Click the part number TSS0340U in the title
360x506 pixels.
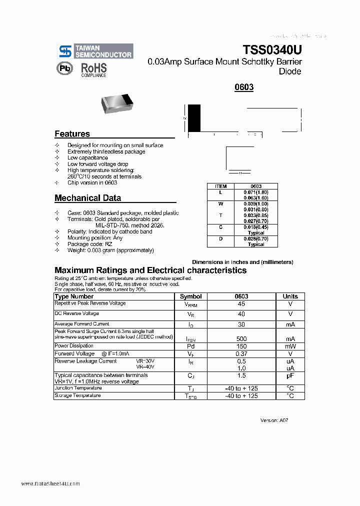tap(272, 50)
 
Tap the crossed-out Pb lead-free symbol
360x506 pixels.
tap(64, 69)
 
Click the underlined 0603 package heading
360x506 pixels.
tap(244, 87)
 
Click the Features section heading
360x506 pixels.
tap(72, 134)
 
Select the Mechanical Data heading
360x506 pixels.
tap(87, 198)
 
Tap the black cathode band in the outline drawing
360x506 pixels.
tap(194, 118)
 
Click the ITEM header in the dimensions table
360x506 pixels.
tap(220, 186)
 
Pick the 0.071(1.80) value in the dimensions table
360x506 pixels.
tap(256, 192)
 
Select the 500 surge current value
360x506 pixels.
tap(241, 338)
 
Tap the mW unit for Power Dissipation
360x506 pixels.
tap(290, 346)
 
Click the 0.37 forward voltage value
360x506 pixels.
tap(241, 353)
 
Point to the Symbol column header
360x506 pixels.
tap(190, 296)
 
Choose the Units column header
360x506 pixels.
tap(290, 296)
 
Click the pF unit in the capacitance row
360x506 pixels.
tap(290, 375)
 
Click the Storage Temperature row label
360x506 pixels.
tap(77, 395)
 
